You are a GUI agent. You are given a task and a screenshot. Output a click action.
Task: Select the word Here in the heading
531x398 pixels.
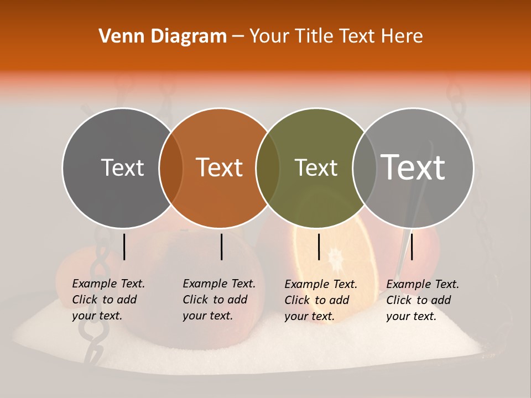(404, 36)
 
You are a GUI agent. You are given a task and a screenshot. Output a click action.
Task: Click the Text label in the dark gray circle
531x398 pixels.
(122, 167)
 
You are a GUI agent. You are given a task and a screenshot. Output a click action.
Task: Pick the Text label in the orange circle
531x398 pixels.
(220, 167)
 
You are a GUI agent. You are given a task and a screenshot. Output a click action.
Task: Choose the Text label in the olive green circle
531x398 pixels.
(316, 167)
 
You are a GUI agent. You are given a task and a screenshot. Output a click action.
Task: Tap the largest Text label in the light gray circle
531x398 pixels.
(413, 167)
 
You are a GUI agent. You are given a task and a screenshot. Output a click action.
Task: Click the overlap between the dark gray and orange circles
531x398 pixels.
(171, 168)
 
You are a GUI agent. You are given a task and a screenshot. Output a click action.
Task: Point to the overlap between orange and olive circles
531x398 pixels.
(268, 168)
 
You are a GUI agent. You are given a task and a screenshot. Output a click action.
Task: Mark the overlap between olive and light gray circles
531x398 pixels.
(365, 168)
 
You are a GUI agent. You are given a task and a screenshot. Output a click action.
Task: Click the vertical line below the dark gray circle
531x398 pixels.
(124, 247)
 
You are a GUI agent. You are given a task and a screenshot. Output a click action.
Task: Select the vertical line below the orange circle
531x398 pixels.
(221, 247)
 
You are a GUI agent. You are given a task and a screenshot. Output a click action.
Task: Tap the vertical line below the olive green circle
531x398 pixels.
(319, 247)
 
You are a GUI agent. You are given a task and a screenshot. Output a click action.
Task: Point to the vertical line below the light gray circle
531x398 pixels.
(412, 247)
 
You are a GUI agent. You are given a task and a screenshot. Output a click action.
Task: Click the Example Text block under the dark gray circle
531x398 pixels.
(108, 300)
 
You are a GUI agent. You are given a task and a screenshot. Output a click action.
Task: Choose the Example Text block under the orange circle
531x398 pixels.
(218, 300)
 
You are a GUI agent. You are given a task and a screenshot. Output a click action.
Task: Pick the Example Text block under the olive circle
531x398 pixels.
(320, 300)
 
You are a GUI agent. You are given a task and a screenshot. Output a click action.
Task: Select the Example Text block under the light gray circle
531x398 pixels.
(422, 300)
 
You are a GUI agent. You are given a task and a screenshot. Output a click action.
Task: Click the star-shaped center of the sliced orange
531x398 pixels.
(335, 257)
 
